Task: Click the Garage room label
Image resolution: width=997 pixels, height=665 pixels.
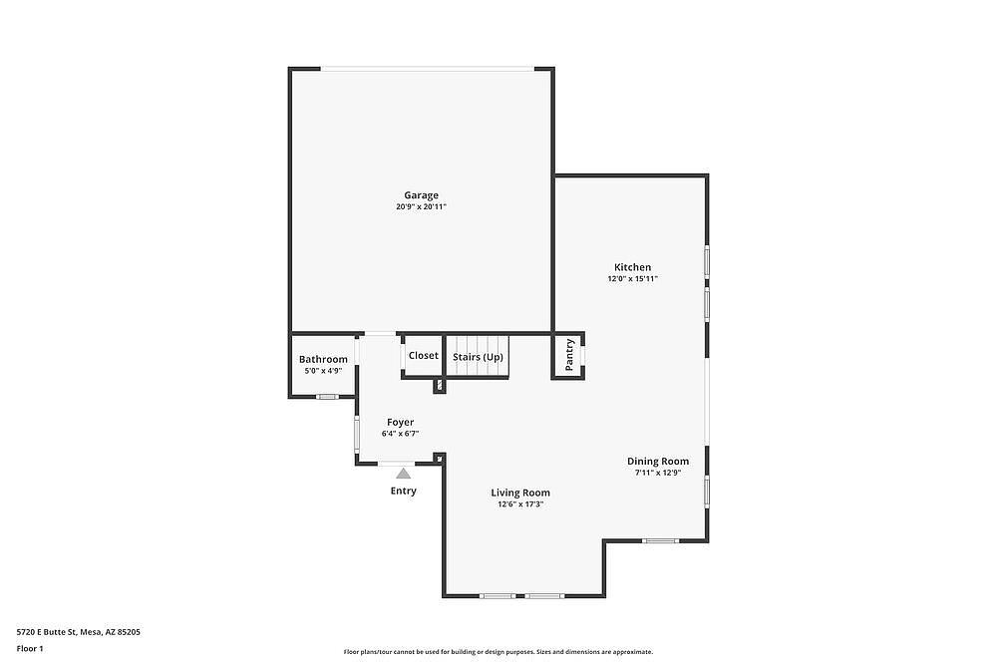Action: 421,195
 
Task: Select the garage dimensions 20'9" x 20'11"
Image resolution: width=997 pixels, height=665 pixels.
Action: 421,206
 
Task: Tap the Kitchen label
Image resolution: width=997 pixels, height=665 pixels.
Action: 633,267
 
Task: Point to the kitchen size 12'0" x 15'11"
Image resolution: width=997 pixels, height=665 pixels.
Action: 633,278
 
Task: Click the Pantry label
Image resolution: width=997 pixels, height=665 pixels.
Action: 569,355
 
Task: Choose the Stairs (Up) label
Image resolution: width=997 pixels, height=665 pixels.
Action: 478,357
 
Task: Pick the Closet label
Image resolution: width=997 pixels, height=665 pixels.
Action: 424,355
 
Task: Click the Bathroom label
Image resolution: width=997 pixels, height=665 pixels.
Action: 323,359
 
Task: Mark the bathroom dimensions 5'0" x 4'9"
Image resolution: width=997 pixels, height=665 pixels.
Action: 323,371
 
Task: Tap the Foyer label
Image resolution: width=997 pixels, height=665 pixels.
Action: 401,422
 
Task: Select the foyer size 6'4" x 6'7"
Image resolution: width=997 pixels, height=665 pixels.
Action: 401,434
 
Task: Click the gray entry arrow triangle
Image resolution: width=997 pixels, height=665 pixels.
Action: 403,473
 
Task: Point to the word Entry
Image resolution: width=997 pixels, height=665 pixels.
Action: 404,491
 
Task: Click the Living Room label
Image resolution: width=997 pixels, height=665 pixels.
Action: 520,493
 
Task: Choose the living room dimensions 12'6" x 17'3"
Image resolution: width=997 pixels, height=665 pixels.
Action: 520,504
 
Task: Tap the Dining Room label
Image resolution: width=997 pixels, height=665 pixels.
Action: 658,462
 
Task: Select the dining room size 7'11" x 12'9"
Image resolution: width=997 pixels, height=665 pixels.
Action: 658,473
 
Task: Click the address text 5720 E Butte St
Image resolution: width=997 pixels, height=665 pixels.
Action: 47,632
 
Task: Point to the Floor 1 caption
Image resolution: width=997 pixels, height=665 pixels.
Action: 30,648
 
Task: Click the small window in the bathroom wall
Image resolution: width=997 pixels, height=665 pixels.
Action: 327,397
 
